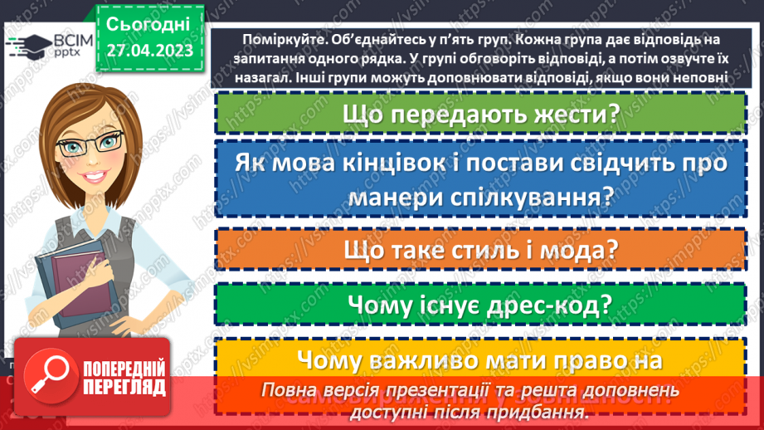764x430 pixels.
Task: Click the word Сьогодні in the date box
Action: pos(149,23)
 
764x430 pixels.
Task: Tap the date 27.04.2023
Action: pos(149,51)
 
